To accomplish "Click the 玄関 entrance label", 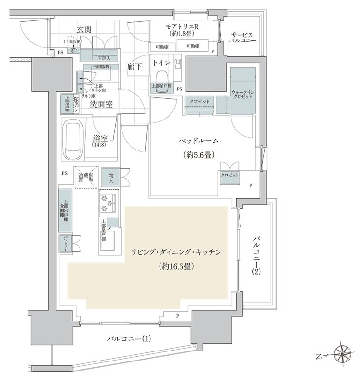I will point(84,30).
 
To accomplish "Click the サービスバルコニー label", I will point(244,39).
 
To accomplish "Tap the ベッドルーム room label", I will point(199,141).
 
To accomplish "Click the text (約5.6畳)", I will point(199,155).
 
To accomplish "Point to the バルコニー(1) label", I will point(129,339).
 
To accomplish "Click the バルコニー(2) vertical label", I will point(256,254).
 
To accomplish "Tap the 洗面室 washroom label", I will point(101,105).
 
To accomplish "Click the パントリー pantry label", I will point(63,243).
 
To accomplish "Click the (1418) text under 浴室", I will point(100,145).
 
